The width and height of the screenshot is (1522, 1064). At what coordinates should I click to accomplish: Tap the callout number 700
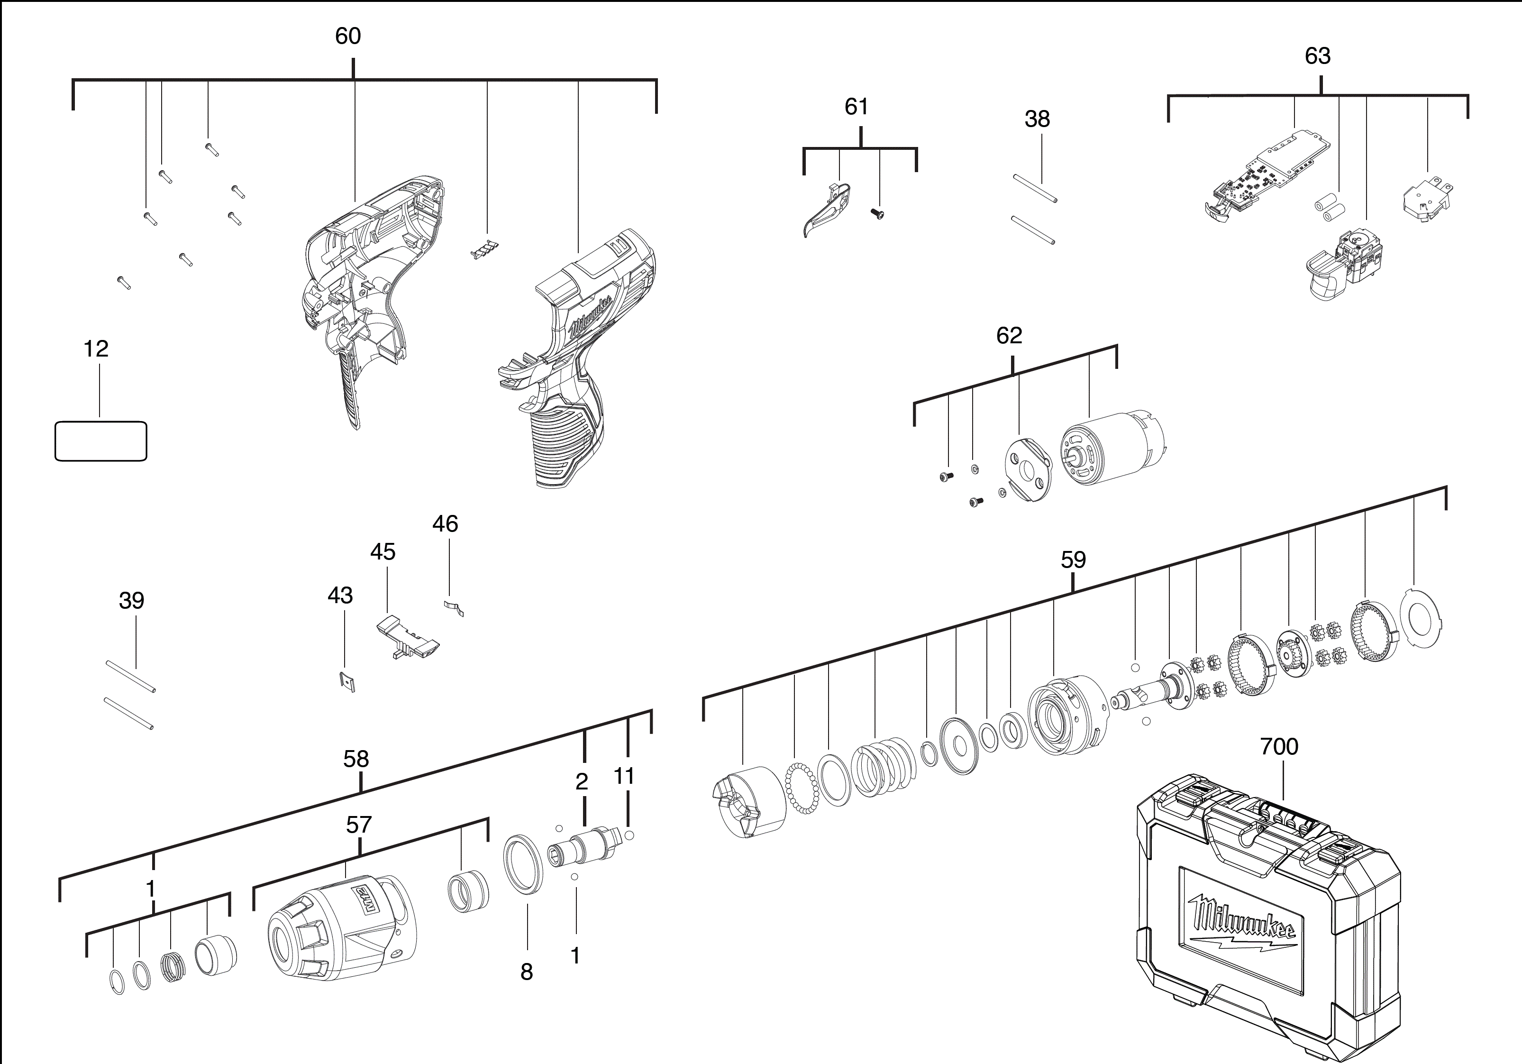click(x=1279, y=746)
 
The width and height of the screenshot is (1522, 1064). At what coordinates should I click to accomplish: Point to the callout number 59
click(x=1073, y=560)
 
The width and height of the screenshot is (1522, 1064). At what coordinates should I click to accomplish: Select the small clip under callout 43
click(x=346, y=681)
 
